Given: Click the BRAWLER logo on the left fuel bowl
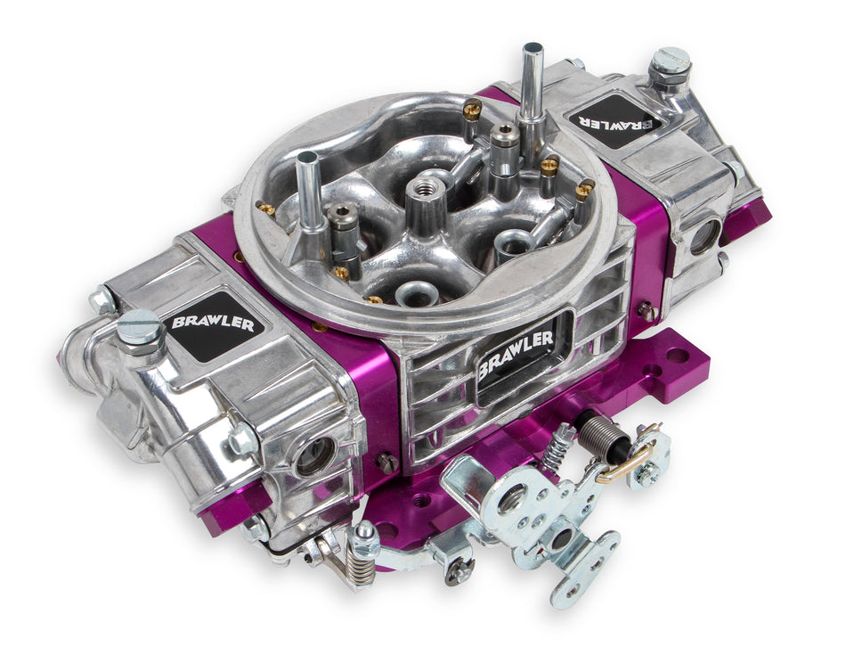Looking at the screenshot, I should tap(212, 326).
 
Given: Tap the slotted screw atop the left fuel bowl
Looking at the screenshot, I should tap(140, 328).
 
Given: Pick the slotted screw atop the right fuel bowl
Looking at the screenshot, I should tap(670, 61).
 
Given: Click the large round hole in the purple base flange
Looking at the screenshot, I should tap(677, 355).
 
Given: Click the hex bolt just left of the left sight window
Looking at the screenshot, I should tap(240, 440).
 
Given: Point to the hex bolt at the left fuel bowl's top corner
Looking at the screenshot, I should tap(101, 300).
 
